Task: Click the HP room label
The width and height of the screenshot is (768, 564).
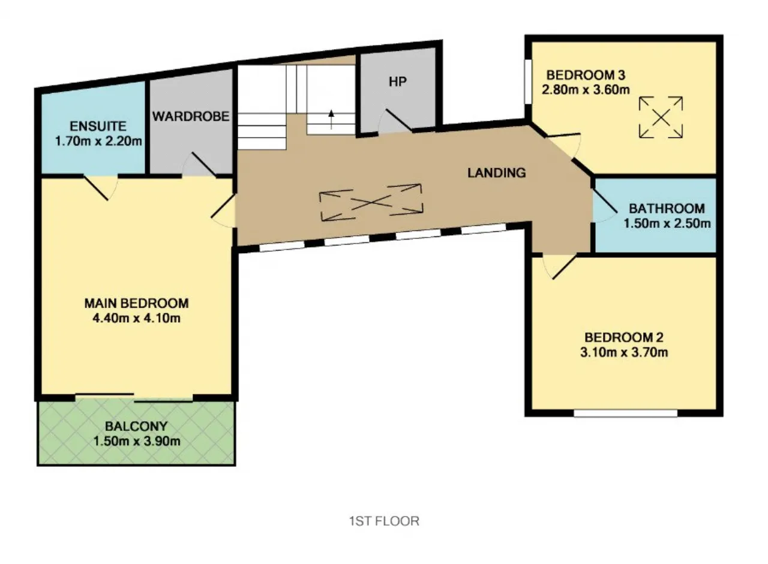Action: (398, 82)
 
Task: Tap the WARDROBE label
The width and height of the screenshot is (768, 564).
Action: (191, 116)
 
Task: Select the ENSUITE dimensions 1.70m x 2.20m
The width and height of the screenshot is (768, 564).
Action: (98, 141)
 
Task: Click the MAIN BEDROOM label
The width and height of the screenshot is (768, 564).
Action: (136, 303)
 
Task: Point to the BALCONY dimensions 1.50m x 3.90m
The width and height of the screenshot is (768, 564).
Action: (137, 441)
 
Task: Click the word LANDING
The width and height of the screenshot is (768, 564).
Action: (496, 173)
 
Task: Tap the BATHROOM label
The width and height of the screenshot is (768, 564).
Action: (667, 208)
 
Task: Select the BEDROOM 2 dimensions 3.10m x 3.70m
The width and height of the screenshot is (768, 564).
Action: (624, 352)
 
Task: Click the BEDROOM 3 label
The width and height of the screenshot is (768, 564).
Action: (586, 75)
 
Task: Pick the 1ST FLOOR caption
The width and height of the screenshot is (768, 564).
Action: (384, 521)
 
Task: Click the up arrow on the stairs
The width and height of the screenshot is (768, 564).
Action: (331, 119)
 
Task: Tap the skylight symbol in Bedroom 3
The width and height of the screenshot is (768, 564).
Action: (661, 118)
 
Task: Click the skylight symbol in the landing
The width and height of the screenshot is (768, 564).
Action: (371, 202)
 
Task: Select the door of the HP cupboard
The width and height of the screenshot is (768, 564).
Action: (399, 120)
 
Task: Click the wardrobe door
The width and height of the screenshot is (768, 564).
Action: (203, 164)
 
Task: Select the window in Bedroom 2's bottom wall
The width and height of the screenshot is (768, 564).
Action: (625, 413)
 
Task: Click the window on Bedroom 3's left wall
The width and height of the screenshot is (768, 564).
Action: (528, 82)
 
